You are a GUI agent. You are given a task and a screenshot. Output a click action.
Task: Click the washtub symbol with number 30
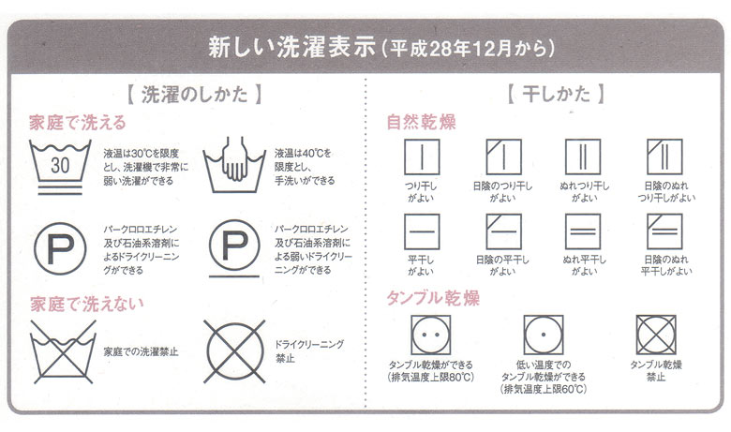pyautogui.click(x=60, y=167)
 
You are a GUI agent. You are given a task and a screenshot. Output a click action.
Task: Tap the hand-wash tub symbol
pyautogui.click(x=234, y=166)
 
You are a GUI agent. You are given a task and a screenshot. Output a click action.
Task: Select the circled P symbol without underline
pyautogui.click(x=60, y=248)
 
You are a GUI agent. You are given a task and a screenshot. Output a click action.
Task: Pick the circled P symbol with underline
pyautogui.click(x=234, y=248)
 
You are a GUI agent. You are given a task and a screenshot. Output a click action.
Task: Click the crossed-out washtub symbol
pyautogui.click(x=63, y=351)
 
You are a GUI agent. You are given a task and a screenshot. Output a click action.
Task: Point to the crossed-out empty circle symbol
pyautogui.click(x=234, y=351)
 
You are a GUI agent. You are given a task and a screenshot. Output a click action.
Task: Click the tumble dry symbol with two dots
pyautogui.click(x=431, y=335)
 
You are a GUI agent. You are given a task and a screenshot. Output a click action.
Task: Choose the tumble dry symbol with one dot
pyautogui.click(x=544, y=335)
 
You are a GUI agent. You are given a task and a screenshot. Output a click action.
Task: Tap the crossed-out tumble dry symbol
pyautogui.click(x=656, y=335)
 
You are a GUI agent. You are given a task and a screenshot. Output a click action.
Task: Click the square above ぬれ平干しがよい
pyautogui.click(x=583, y=231)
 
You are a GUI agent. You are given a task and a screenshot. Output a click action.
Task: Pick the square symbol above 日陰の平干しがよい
pyautogui.click(x=503, y=231)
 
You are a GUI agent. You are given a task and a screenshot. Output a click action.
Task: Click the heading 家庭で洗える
pyautogui.click(x=78, y=123)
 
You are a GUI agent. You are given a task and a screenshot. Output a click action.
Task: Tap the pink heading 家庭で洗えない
pyautogui.click(x=87, y=304)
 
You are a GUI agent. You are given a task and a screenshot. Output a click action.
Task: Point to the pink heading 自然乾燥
pyautogui.click(x=421, y=122)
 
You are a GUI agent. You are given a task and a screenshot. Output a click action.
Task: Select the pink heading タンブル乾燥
pyautogui.click(x=433, y=298)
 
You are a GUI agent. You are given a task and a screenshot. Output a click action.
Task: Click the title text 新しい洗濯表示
pyautogui.click(x=291, y=47)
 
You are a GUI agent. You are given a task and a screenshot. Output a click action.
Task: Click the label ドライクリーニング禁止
pyautogui.click(x=309, y=351)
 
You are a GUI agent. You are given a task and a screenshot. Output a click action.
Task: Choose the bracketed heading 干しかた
pyautogui.click(x=556, y=94)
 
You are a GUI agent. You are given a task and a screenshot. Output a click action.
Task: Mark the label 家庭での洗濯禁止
pyautogui.click(x=141, y=351)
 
